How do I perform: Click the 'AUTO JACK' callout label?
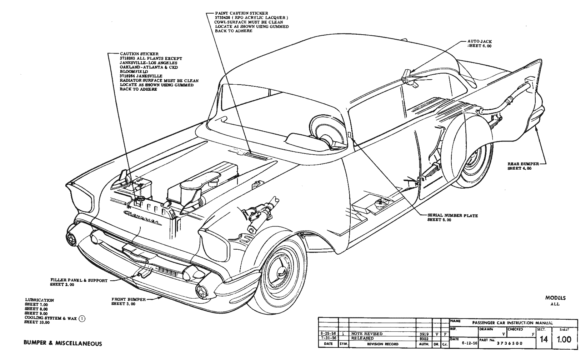point(479,41)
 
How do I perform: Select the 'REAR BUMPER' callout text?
point(521,164)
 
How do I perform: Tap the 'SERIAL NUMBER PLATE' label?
point(452,215)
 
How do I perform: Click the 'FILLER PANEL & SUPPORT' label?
point(79,280)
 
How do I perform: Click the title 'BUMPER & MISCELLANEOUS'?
point(62,344)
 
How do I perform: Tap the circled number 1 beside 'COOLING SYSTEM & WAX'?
point(82,317)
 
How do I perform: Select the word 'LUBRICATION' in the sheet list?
point(40,300)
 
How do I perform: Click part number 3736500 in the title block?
point(508,344)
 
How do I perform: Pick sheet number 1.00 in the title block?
point(564,339)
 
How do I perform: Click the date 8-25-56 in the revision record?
point(328,334)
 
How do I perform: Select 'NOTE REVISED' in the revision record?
point(367,334)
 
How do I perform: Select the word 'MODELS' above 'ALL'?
point(555,298)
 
